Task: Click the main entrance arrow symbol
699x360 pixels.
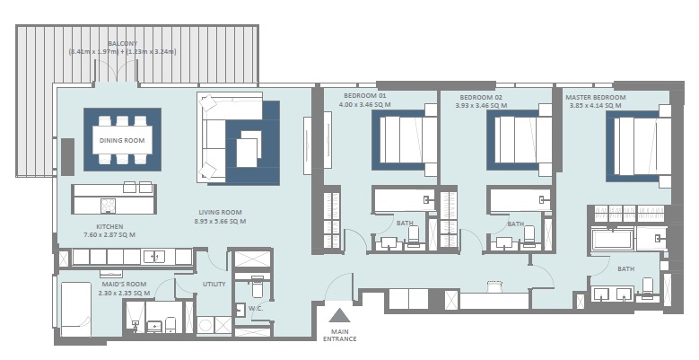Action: coord(339,315)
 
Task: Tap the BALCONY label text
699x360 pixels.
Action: coord(123,43)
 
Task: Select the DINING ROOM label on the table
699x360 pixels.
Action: coord(122,141)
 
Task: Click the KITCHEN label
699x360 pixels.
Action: coord(109,226)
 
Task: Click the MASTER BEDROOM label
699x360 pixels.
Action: coord(595,97)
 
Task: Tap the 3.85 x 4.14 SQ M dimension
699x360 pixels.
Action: coord(595,106)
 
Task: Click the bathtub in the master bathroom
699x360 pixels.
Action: coord(612,239)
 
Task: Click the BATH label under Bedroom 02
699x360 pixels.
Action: coord(515,224)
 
